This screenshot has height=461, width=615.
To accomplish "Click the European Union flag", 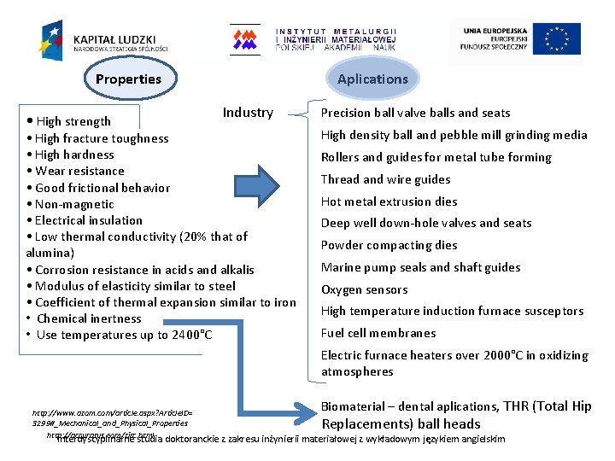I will (557, 39).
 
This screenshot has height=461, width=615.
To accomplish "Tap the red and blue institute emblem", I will (245, 39).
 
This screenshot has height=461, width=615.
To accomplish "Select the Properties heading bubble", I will (128, 79).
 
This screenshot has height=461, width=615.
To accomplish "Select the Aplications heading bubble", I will (372, 79).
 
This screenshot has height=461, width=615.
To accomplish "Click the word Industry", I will (248, 113).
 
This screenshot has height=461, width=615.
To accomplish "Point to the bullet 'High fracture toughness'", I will (102, 138).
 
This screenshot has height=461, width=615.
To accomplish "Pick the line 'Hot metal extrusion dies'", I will (389, 201).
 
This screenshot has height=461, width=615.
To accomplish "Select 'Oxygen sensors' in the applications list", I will (364, 289).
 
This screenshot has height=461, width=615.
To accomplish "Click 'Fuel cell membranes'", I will (378, 333).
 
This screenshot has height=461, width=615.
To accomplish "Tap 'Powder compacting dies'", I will (389, 245).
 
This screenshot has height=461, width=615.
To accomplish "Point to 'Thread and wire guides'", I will (385, 179).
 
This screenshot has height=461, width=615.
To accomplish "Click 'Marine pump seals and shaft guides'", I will (420, 267).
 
